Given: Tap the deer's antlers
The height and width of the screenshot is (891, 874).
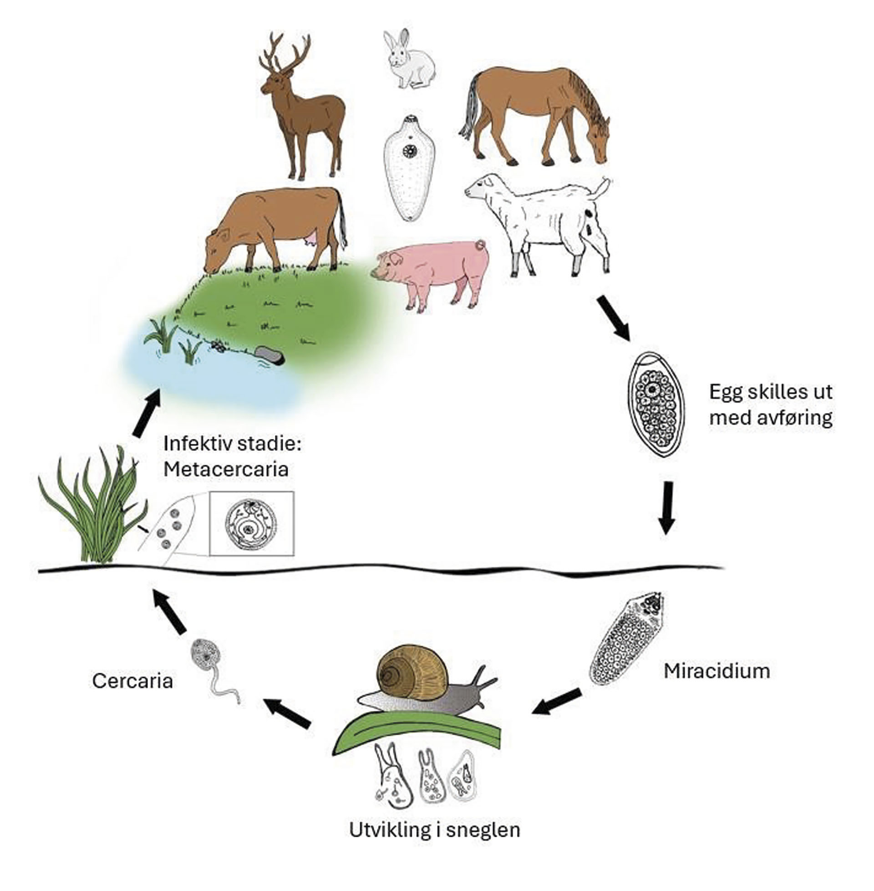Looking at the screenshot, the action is click(x=285, y=55).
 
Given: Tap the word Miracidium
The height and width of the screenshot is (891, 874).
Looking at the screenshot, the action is click(x=716, y=671).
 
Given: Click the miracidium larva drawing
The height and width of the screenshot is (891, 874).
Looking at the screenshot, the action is click(x=627, y=638).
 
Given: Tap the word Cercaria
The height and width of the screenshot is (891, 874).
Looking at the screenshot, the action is click(x=132, y=681).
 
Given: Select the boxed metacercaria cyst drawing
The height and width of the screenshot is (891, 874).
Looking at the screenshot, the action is click(x=252, y=523).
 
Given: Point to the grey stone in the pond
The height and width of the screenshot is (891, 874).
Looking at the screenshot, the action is click(x=269, y=355).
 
